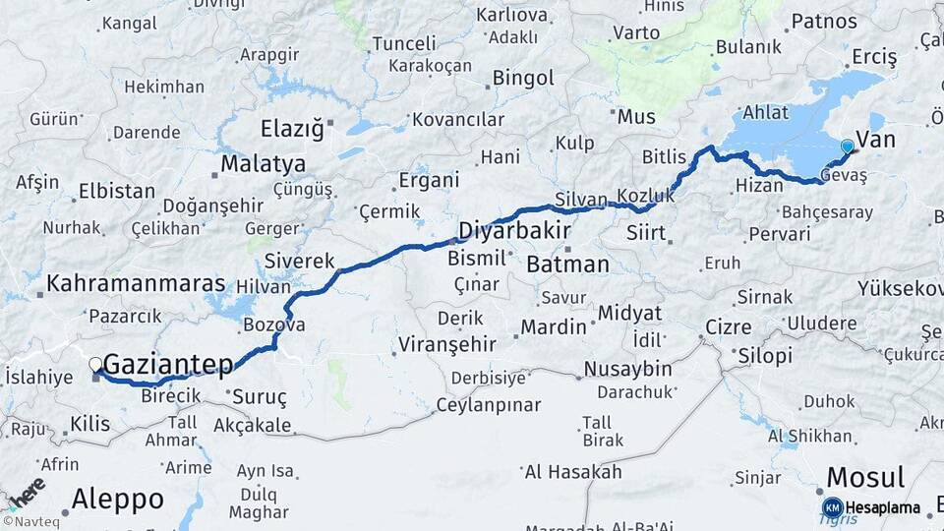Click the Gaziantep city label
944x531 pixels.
(x=168, y=365)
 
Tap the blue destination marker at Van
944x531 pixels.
(x=847, y=147)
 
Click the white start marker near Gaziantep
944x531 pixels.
(x=95, y=365)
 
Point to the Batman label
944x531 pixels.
(x=567, y=265)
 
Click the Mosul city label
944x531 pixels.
(x=865, y=479)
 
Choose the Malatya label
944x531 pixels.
(x=263, y=164)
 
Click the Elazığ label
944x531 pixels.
(x=291, y=129)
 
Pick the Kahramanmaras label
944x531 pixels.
(x=136, y=283)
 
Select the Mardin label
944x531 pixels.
(x=553, y=326)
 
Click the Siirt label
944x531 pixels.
(x=647, y=234)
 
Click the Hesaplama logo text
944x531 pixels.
(x=883, y=508)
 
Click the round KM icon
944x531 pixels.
(x=832, y=508)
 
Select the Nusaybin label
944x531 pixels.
(x=627, y=369)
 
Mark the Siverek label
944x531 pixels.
(x=299, y=263)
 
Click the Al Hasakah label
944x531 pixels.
(x=573, y=472)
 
